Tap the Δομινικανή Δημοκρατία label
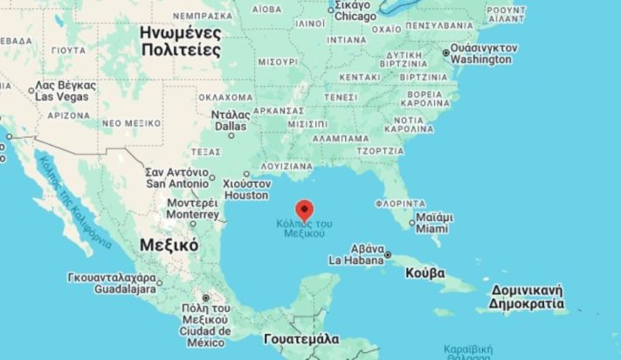tap(526, 296)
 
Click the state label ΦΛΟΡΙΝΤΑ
tap(399, 203)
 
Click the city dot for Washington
tap(446, 53)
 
